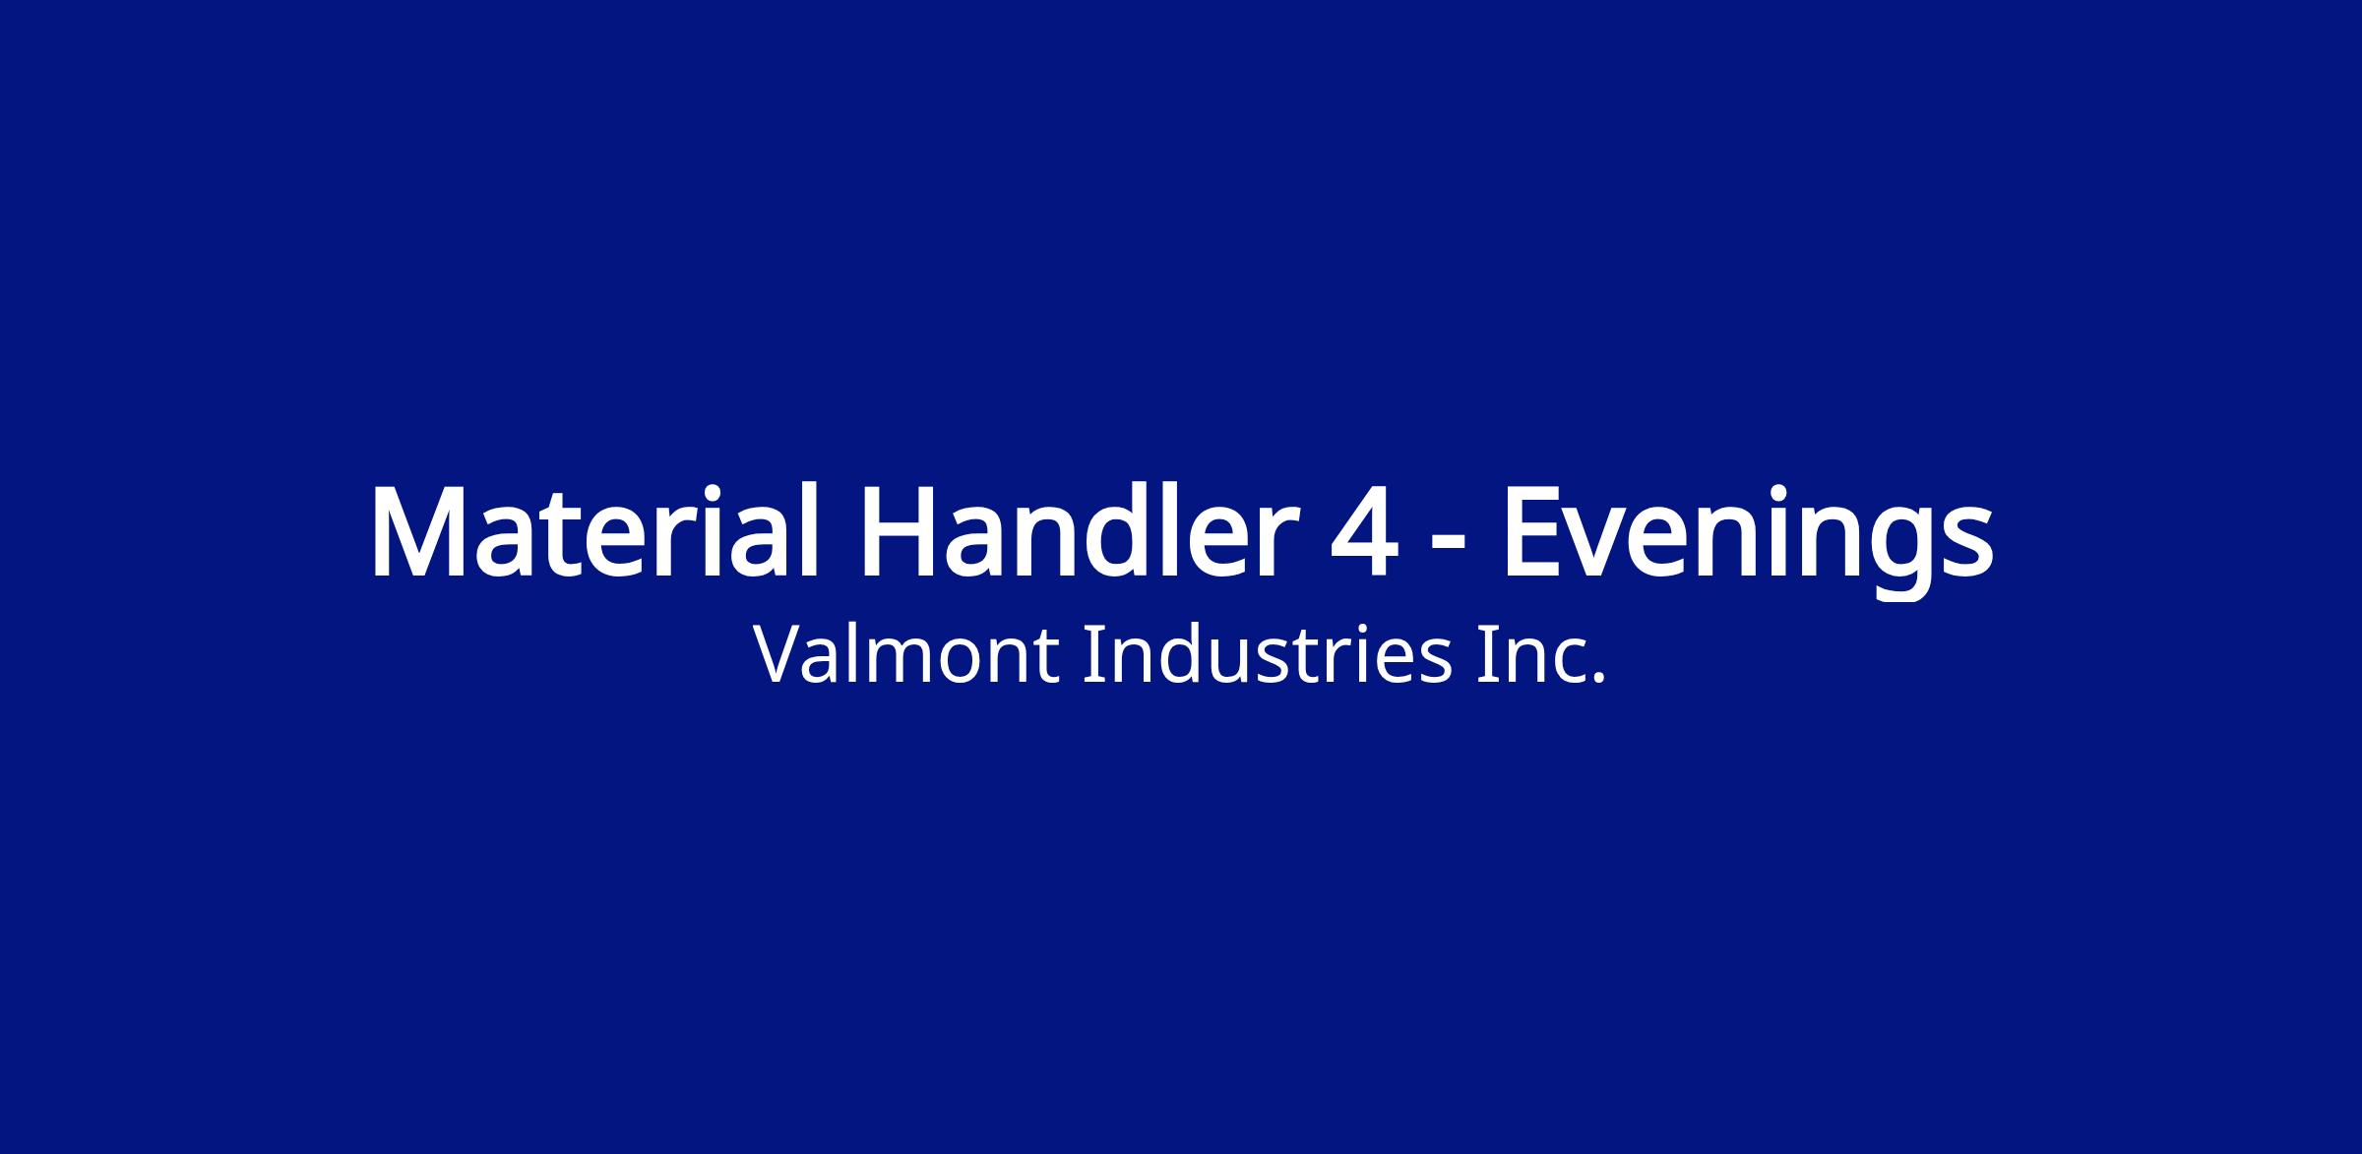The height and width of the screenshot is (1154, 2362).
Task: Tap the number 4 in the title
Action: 1364,532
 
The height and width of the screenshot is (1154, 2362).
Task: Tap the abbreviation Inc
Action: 1541,654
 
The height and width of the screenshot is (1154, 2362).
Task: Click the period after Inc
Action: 1598,678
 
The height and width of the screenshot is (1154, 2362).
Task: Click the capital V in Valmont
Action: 780,654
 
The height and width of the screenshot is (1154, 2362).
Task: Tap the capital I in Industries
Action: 1090,654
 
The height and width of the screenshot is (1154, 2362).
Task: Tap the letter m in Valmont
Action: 906,661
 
